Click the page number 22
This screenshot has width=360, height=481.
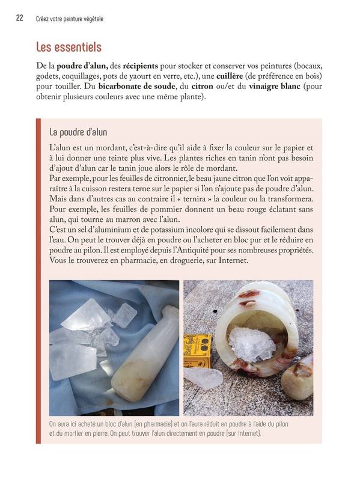pyautogui.click(x=20, y=18)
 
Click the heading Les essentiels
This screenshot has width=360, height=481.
pyautogui.click(x=69, y=47)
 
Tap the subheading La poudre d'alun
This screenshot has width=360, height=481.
pyautogui.click(x=78, y=132)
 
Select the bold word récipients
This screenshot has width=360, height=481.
pyautogui.click(x=141, y=66)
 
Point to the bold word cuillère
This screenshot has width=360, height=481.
pyautogui.click(x=230, y=76)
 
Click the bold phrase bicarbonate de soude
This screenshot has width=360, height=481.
pyautogui.click(x=137, y=86)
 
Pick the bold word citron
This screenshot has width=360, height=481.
pyautogui.click(x=202, y=87)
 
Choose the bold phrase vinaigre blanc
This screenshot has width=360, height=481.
pyautogui.click(x=275, y=87)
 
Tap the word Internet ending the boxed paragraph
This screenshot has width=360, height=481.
pyautogui.click(x=233, y=260)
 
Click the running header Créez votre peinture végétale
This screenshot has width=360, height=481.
pyautogui.click(x=70, y=19)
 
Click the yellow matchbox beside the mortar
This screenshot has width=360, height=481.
pyautogui.click(x=198, y=352)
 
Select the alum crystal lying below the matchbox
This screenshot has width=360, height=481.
pyautogui.click(x=203, y=378)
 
